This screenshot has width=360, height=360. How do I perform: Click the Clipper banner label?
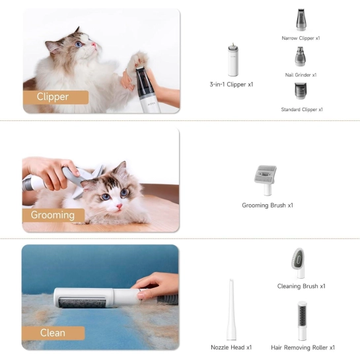pyautogui.click(x=55, y=97)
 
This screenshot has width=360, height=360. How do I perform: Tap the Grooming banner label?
pyautogui.click(x=54, y=215)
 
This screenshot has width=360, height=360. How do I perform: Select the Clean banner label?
pyautogui.click(x=54, y=333)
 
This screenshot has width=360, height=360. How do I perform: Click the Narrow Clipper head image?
pyautogui.click(x=301, y=20)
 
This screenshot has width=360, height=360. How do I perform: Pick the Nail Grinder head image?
pyautogui.click(x=300, y=57)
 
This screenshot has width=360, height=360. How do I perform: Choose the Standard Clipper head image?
pyautogui.click(x=301, y=91)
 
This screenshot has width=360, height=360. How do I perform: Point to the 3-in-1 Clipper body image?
pyautogui.click(x=233, y=60)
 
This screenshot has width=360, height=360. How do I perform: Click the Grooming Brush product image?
pyautogui.click(x=266, y=180)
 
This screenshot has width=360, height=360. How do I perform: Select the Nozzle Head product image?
pyautogui.click(x=231, y=310)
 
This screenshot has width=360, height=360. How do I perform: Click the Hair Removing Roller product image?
pyautogui.click(x=302, y=321)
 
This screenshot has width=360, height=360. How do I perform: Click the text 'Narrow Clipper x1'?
pyautogui.click(x=301, y=38)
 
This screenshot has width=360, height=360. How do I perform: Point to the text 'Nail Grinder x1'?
pyautogui.click(x=301, y=75)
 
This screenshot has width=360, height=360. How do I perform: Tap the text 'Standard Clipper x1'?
pyautogui.click(x=302, y=110)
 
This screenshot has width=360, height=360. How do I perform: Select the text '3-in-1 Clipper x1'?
pyautogui.click(x=231, y=85)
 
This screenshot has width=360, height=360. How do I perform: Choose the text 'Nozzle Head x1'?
pyautogui.click(x=231, y=347)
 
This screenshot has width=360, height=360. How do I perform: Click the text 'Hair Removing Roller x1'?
pyautogui.click(x=303, y=347)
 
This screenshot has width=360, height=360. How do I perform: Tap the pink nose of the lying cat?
pyautogui.click(x=119, y=206)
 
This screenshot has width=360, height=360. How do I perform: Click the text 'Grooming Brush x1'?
pyautogui.click(x=268, y=205)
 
